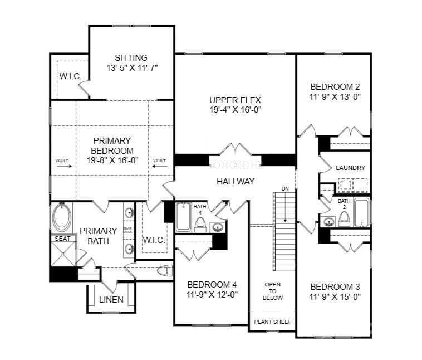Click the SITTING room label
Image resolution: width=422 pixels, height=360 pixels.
(x=131, y=58)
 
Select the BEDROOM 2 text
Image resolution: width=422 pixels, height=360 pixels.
(x=335, y=86)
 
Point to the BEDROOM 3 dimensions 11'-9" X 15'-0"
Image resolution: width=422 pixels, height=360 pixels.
(x=335, y=297)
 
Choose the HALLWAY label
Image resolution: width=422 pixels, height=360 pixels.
(x=235, y=181)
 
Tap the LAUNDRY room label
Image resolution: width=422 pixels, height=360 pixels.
(x=350, y=168)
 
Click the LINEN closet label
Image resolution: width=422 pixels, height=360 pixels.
(x=111, y=300)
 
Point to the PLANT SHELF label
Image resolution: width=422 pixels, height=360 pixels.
(x=272, y=322)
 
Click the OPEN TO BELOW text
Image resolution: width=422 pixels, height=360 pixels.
(x=273, y=290)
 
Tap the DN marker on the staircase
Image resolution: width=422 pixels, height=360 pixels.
(x=285, y=188)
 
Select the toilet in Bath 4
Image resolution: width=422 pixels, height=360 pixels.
(x=201, y=225)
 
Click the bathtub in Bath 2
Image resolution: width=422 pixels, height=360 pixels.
(x=361, y=212)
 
